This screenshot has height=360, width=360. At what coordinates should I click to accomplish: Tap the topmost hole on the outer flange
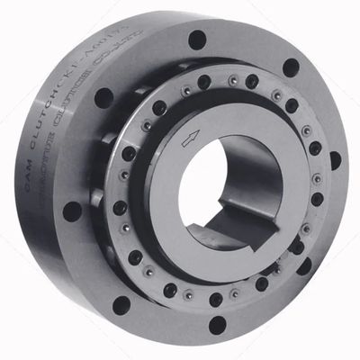coord(197,40)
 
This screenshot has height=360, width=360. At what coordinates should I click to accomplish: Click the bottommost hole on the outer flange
coord(218,324)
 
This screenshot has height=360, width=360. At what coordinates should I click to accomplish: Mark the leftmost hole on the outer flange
coord(72,211)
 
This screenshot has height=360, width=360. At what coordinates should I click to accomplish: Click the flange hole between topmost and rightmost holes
coord(291,67)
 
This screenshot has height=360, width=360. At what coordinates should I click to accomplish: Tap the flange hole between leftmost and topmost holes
coord(103,96)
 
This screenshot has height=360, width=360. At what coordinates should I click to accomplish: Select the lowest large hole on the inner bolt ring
coord(216,299)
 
